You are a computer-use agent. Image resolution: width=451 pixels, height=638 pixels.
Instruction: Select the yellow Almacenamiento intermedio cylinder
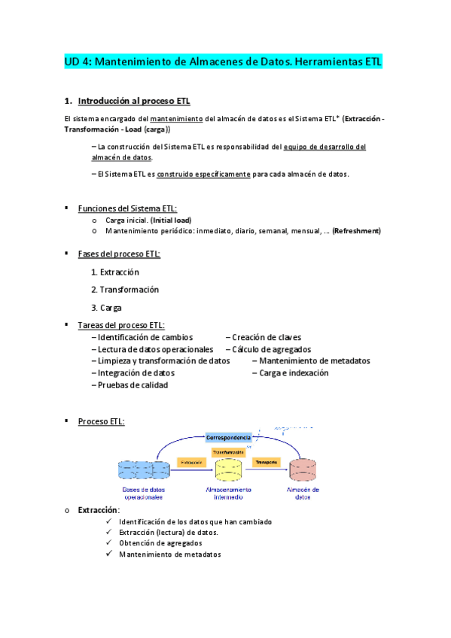pyautogui.click(x=228, y=470)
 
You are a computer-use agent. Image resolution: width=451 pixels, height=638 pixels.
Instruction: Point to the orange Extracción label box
pyautogui.click(x=191, y=461)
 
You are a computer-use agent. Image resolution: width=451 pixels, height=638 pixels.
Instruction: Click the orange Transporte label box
pyautogui.click(x=267, y=461)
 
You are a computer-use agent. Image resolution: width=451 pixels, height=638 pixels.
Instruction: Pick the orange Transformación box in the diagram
pyautogui.click(x=228, y=452)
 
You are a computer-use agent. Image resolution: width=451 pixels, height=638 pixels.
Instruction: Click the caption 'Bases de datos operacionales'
pyautogui.click(x=142, y=493)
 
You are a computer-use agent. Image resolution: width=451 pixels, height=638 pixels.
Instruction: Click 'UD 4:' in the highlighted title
pyautogui.click(x=78, y=63)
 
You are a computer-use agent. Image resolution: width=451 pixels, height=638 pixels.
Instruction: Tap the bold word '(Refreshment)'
pyautogui.click(x=356, y=231)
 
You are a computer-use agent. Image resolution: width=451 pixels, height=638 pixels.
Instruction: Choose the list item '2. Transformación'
pyautogui.click(x=125, y=290)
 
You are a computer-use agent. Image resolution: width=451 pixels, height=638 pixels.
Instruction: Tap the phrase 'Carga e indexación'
pyautogui.click(x=294, y=372)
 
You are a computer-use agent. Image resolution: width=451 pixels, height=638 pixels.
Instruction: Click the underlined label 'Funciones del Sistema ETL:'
pyautogui.click(x=128, y=208)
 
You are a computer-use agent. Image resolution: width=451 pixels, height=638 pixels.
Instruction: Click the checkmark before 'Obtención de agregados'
pyautogui.click(x=110, y=543)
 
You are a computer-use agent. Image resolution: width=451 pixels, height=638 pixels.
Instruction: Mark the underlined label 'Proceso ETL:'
pyautogui.click(x=102, y=421)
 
